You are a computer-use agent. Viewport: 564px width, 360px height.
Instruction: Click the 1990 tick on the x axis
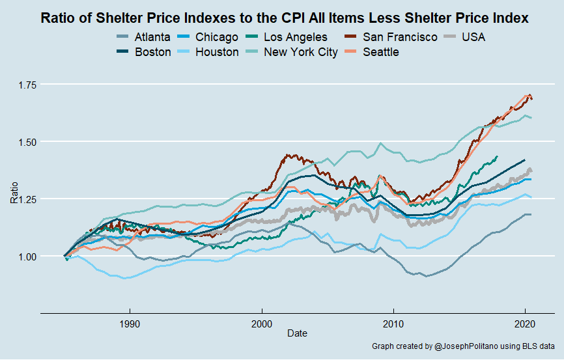(130, 322)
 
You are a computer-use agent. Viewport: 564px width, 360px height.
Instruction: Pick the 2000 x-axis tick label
(261, 322)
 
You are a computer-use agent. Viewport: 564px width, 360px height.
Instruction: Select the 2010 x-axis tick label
(393, 322)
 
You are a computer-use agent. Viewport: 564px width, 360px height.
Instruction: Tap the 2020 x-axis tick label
(524, 322)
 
